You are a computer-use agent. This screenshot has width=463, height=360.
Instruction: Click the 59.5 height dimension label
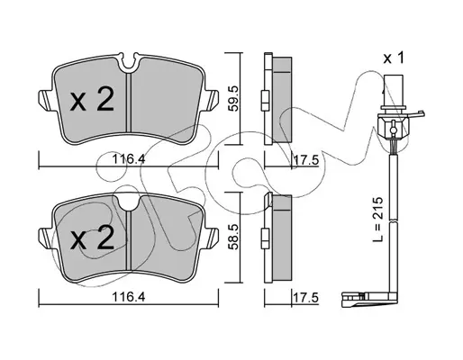233,98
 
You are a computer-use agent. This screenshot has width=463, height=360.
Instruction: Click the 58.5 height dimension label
233,236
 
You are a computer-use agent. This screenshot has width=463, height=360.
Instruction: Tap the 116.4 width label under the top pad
129,159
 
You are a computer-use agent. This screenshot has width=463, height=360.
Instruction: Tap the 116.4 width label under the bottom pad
129,297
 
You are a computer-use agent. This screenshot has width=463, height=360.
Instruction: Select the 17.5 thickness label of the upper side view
305,160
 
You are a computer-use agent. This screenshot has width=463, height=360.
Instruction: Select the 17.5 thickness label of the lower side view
305,298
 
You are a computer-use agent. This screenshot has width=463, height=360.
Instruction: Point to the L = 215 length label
378,219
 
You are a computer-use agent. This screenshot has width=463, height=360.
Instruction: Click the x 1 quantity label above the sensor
394,58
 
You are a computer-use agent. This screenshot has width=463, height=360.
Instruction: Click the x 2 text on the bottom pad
92,237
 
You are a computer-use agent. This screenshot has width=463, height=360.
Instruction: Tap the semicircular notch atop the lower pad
129,202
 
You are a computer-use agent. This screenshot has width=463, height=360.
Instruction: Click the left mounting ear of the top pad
46,100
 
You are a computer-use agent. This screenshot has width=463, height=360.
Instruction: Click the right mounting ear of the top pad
212,100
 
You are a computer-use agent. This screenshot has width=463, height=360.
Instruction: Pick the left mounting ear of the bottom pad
46,238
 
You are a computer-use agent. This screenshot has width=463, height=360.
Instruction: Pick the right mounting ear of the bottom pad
212,238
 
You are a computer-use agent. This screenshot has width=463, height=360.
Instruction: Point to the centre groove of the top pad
129,103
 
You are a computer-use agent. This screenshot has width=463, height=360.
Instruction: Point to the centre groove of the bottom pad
129,240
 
